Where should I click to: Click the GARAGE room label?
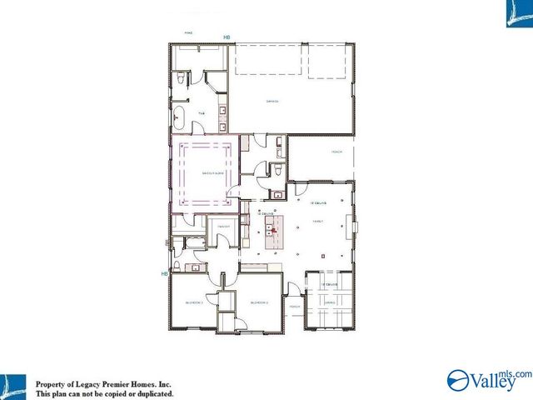pos(271,102)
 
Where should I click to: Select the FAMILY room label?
pos(317,222)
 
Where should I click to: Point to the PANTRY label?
pos(223,226)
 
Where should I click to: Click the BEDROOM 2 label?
pos(259,302)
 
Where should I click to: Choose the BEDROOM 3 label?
pos(194,302)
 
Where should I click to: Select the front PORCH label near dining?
pos(295,307)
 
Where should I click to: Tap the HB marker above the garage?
pos(227,37)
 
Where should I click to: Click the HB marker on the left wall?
pos(165,272)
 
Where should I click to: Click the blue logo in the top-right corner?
pos(518,14)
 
